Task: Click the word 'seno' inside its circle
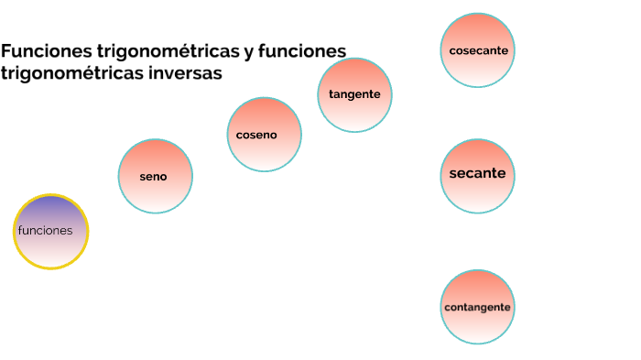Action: [x=154, y=177]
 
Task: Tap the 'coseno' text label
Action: [x=256, y=135]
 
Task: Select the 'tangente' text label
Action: [x=354, y=94]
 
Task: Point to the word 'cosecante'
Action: [x=478, y=50]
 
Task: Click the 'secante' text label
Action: [x=477, y=173]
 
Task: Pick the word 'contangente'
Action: [x=477, y=307]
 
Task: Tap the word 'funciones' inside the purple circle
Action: [x=46, y=230]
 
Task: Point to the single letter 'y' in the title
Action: [x=248, y=52]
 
